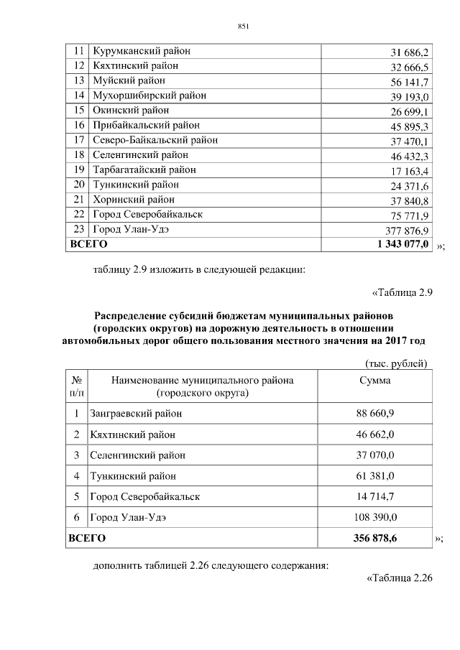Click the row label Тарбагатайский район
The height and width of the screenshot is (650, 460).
pos(144,170)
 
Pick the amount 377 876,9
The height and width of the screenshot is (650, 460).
pos(406,231)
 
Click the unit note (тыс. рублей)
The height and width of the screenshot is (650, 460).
pos(395,364)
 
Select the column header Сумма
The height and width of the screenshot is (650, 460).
pos(374,380)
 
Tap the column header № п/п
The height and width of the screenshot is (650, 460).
pos(76,386)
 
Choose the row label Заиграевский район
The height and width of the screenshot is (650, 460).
pos(136,414)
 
